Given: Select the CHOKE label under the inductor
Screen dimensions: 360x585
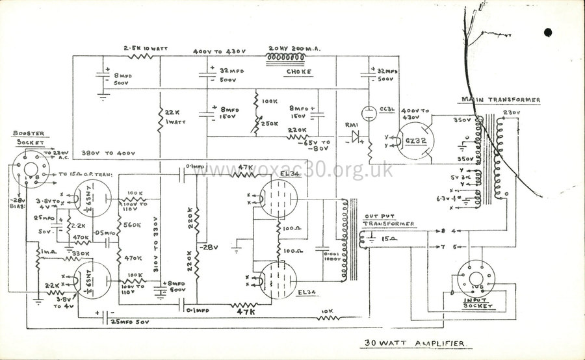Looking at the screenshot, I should pos(297,71).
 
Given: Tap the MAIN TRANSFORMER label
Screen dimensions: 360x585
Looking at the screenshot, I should pos(500,100).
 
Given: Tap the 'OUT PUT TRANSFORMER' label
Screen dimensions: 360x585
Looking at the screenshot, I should pos(387,220).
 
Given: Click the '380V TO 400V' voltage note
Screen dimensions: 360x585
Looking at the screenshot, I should pos(109,153).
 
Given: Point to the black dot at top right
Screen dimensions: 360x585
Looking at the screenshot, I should pos(548,32).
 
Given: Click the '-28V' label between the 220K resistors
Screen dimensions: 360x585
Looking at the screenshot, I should pos(209,248).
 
